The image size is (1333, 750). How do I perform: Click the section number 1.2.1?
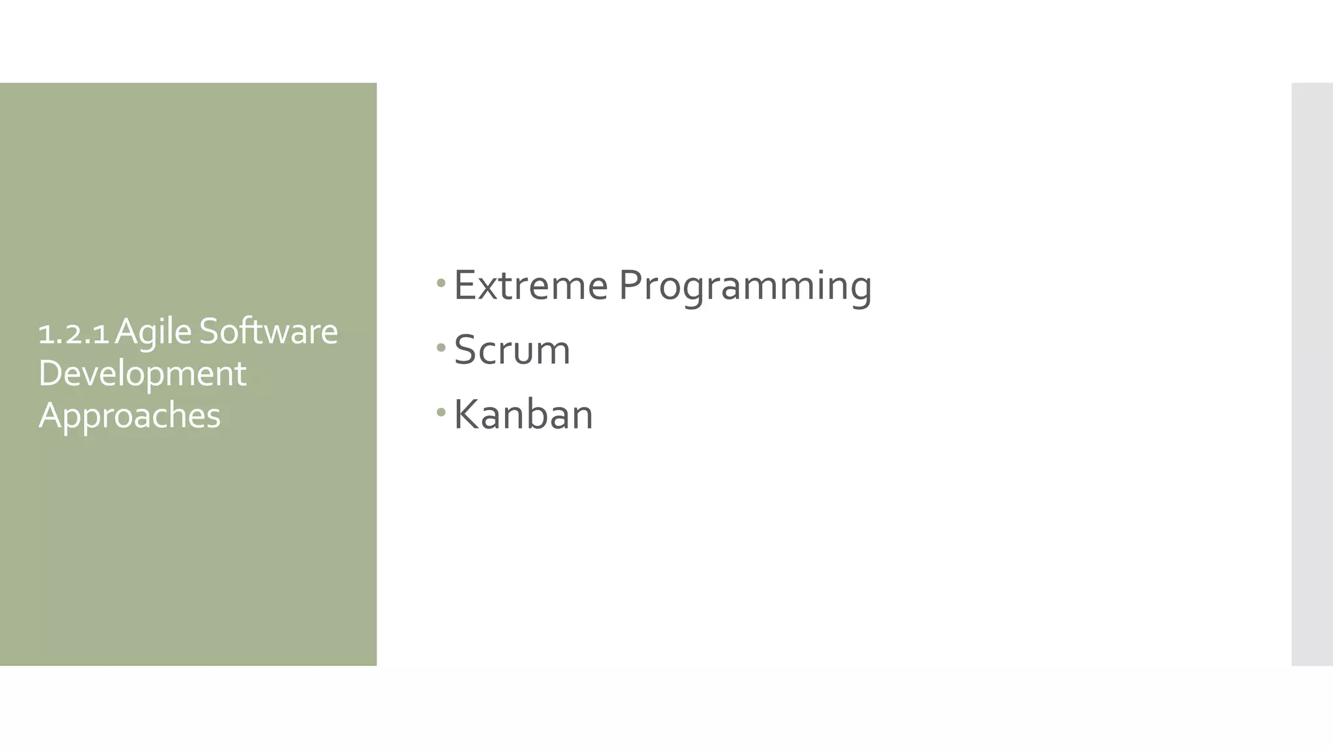point(73,333)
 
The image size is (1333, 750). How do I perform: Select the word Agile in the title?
point(153,332)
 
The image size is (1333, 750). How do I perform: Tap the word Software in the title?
point(268,331)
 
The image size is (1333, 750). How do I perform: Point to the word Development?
point(142,374)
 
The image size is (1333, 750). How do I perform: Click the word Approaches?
point(130,415)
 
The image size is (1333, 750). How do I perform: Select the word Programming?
point(745,286)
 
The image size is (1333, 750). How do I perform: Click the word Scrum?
point(512,350)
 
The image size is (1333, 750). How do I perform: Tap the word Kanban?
point(523,415)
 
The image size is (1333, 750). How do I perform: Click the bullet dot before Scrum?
point(441,348)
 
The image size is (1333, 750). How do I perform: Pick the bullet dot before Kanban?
point(441,412)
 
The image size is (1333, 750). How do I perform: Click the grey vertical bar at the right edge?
point(1312,374)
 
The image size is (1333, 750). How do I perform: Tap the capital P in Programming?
point(631,285)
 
